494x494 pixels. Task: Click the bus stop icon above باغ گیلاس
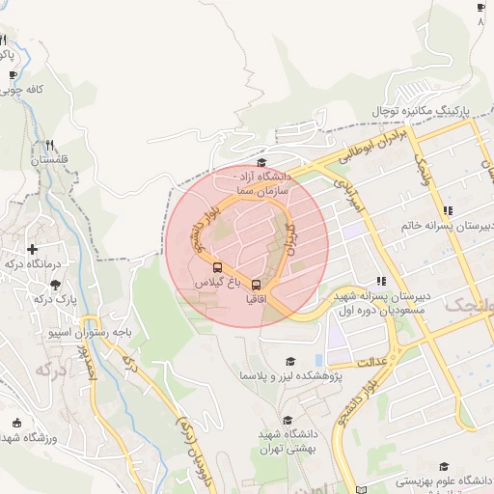click(x=216, y=267)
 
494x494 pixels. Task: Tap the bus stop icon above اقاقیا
click(x=256, y=284)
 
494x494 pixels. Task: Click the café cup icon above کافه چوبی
click(x=14, y=75)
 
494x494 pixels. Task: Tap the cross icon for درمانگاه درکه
click(x=33, y=249)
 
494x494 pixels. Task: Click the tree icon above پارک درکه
click(x=54, y=284)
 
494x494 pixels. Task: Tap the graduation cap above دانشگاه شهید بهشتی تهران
click(x=287, y=421)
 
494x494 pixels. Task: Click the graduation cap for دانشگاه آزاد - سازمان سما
click(x=261, y=163)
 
